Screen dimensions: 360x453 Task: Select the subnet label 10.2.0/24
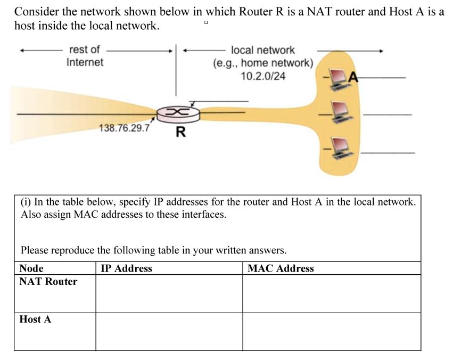(x=262, y=76)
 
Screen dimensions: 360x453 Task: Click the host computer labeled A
(x=338, y=78)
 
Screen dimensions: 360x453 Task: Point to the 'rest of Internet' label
(x=85, y=56)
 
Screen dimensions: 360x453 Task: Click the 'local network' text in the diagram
(x=262, y=50)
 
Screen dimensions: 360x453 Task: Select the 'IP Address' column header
(x=126, y=268)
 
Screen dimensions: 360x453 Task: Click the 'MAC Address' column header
(x=281, y=268)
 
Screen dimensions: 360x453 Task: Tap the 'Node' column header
(x=31, y=268)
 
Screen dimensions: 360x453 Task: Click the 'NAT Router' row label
(x=48, y=282)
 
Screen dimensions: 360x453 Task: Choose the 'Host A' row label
(x=35, y=320)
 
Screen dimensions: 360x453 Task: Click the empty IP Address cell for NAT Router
(x=169, y=293)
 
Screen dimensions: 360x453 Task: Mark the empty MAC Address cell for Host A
(x=331, y=331)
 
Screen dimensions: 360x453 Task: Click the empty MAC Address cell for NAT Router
(x=331, y=293)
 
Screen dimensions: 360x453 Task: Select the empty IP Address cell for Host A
(x=169, y=331)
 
